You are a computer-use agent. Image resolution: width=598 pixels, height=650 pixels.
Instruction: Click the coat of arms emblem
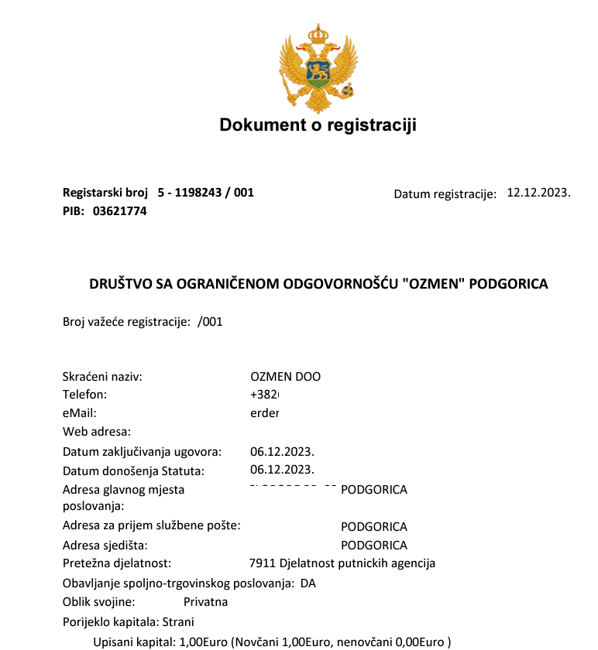point(318,68)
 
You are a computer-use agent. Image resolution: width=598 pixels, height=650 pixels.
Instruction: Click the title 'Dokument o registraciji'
point(318,125)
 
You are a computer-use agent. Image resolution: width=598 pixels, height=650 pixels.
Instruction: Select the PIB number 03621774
point(120,210)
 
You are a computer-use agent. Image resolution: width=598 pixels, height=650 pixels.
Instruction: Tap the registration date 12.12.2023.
point(538,193)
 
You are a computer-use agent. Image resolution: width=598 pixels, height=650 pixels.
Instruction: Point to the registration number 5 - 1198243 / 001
point(205,193)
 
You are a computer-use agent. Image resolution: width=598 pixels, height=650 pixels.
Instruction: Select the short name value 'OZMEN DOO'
point(285,377)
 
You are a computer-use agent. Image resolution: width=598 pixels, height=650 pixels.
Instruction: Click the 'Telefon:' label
point(84,395)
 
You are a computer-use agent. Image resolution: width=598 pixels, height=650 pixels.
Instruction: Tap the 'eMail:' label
point(79,413)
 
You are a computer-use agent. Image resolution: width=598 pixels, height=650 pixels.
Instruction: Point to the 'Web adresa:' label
point(96,431)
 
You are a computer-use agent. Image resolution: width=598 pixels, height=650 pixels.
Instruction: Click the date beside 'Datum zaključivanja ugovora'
point(282,451)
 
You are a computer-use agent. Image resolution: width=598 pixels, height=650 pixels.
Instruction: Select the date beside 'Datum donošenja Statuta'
point(282,470)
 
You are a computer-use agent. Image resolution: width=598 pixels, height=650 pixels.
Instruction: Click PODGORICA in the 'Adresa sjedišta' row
point(374,546)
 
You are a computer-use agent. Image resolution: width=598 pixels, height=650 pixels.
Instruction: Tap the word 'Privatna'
point(205,601)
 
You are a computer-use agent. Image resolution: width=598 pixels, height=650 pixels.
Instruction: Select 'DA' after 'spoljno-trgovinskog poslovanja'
point(308,583)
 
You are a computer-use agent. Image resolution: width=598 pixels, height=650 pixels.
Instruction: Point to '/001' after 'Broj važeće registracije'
point(210,322)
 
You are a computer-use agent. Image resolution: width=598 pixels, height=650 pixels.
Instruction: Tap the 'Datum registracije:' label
point(445,194)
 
